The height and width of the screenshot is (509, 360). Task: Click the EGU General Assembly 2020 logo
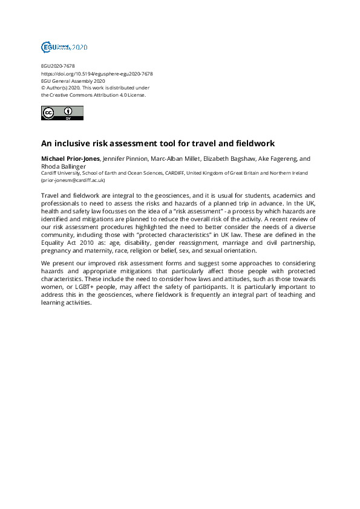click(x=64, y=47)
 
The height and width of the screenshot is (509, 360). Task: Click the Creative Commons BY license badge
click(x=62, y=113)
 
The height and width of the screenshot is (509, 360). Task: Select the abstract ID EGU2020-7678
click(x=57, y=66)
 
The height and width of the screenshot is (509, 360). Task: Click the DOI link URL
click(x=97, y=73)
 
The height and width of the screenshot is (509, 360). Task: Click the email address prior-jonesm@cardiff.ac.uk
click(x=73, y=180)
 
